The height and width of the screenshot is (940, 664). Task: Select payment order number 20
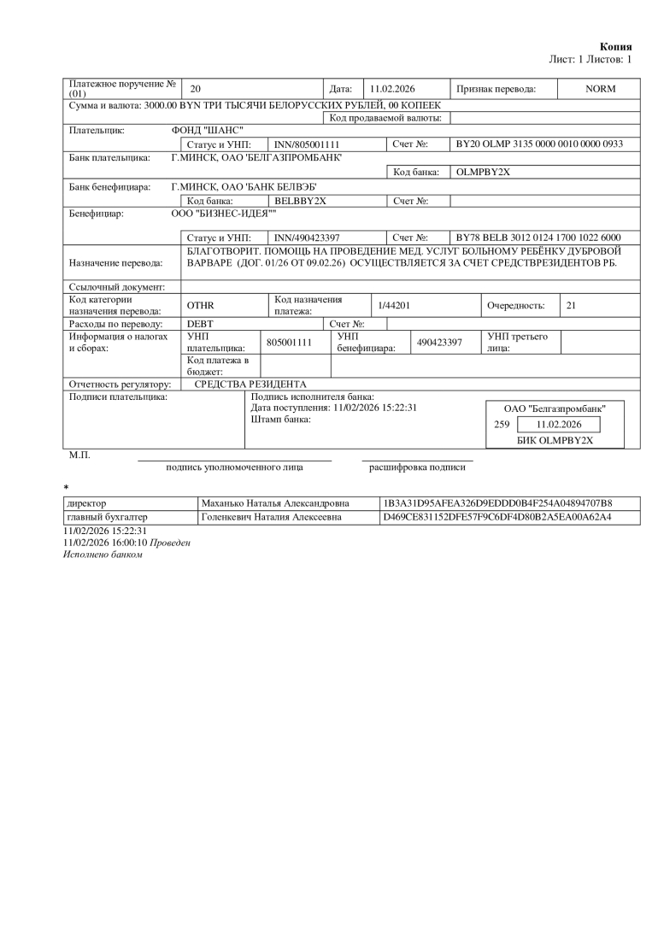pos(195,89)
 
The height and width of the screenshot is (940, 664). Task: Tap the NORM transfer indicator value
pos(600,89)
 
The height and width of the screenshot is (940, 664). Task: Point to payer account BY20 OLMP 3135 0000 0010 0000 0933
pos(539,144)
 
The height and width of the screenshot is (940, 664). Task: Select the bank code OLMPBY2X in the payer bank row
pos(483,172)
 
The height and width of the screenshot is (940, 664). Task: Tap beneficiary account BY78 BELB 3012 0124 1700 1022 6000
pos(539,237)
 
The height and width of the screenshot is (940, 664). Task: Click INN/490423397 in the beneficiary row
pos(307,237)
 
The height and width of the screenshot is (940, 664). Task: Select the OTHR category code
pos(200,305)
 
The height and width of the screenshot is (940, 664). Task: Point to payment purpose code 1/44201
pos(394,305)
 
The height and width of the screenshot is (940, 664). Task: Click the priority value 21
pos(572,305)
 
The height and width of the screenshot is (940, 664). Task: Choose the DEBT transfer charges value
pos(200,324)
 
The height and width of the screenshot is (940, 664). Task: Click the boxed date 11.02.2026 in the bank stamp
pos(559,424)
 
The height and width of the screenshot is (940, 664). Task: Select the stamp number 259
pos(502,424)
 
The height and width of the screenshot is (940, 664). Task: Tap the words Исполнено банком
pos(103,555)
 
